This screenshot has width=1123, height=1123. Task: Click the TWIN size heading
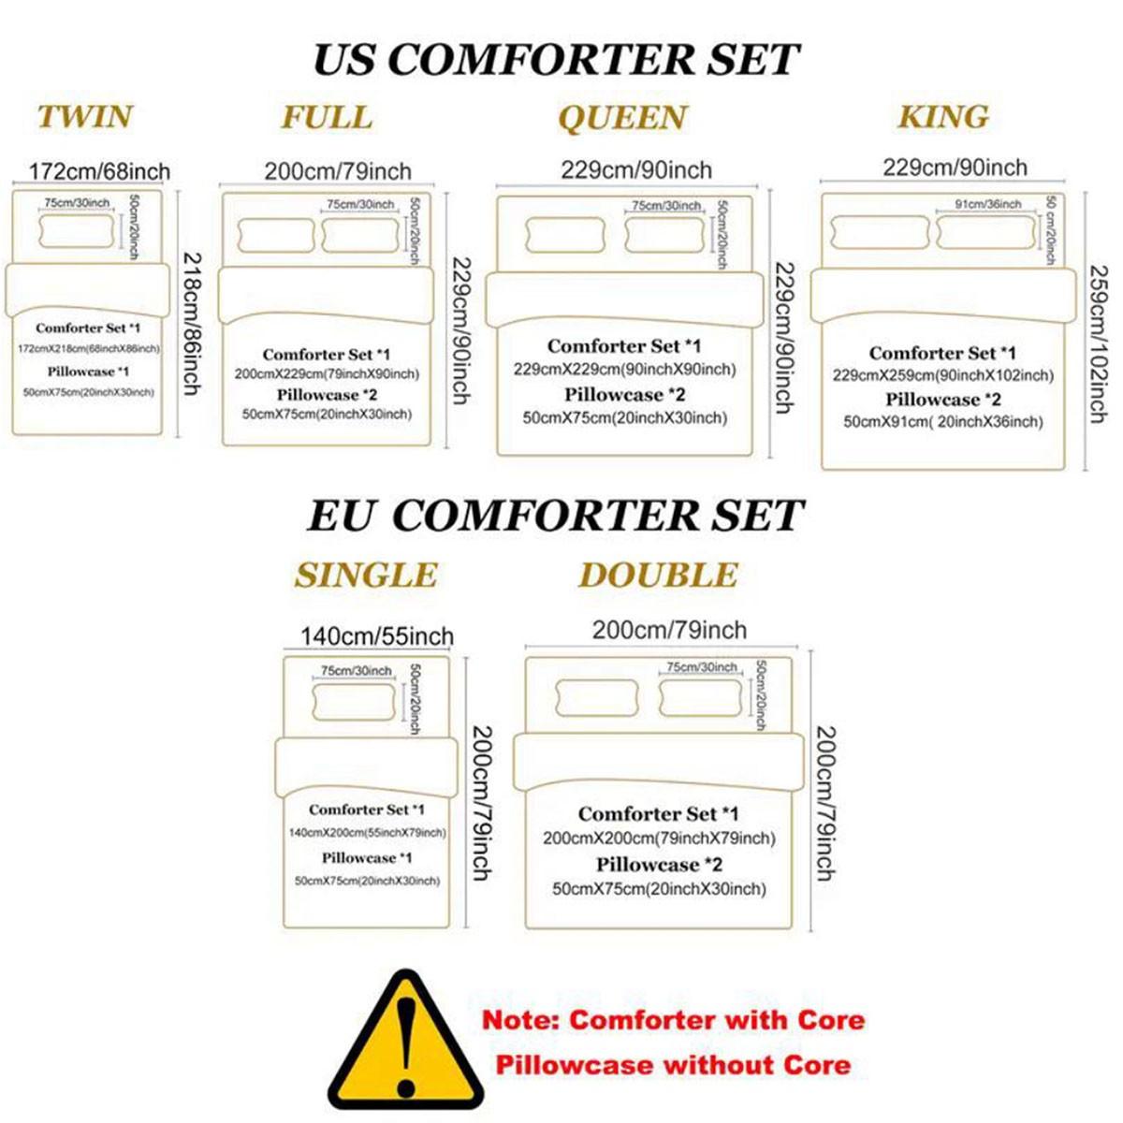point(85,117)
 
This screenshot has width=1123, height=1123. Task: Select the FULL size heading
point(327,117)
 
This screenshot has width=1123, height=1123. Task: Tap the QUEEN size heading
point(622,118)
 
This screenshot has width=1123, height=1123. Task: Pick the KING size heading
point(943,117)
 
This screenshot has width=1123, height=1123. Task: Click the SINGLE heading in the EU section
point(366,575)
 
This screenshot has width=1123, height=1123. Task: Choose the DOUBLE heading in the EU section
point(658,575)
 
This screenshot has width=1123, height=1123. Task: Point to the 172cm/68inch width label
point(99,171)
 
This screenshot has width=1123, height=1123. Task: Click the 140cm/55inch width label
point(376,636)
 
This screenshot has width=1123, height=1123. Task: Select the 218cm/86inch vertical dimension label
point(190,323)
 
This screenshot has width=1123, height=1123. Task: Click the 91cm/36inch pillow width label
point(987,204)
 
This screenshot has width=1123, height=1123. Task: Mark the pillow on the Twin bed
point(77,232)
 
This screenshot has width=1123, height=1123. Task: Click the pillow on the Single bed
point(354,701)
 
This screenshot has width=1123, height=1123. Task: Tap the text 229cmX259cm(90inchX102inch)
point(942,375)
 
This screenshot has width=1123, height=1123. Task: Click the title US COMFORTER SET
point(555,60)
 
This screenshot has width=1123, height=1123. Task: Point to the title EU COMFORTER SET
point(555,516)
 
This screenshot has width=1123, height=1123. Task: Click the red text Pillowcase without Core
point(673,1065)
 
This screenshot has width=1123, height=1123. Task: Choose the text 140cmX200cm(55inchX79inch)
point(367,833)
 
